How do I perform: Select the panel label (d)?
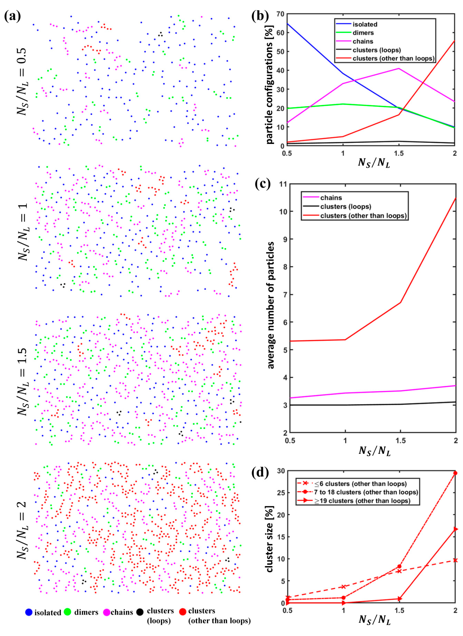tap(260, 473)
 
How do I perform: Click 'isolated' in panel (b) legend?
tap(365, 24)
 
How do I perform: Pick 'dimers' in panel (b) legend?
tap(363, 33)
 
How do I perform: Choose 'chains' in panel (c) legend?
tap(331, 198)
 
